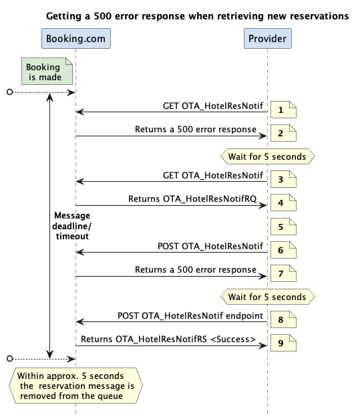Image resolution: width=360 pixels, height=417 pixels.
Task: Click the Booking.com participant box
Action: click(x=76, y=39)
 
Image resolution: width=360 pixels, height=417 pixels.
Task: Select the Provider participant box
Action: click(x=268, y=39)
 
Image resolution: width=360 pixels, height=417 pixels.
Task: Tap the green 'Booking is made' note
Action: click(x=47, y=72)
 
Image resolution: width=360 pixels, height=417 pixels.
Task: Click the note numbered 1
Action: click(x=283, y=110)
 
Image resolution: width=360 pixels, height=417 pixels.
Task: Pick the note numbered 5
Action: click(x=283, y=227)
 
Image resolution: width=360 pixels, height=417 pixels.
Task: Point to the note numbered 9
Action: click(x=283, y=343)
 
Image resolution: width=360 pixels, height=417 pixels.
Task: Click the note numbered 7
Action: click(x=283, y=273)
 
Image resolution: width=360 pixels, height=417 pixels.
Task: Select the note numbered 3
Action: click(x=283, y=179)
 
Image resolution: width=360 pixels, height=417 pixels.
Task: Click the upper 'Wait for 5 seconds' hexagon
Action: click(x=268, y=156)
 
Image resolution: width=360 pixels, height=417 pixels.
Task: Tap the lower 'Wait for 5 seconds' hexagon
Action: click(x=268, y=297)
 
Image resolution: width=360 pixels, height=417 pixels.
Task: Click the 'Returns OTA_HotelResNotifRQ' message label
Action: click(x=192, y=199)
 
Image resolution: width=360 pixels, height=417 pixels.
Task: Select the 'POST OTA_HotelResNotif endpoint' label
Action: click(x=190, y=315)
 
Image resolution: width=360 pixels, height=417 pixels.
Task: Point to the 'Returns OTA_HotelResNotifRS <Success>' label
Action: click(x=168, y=339)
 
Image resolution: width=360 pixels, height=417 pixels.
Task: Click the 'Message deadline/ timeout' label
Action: click(x=71, y=226)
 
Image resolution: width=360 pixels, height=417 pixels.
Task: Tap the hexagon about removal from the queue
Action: click(x=75, y=386)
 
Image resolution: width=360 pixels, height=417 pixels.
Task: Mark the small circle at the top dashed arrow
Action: click(x=10, y=92)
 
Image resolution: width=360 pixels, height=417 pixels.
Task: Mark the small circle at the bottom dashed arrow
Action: click(x=10, y=358)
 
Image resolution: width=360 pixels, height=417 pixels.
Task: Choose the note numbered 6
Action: click(x=283, y=250)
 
